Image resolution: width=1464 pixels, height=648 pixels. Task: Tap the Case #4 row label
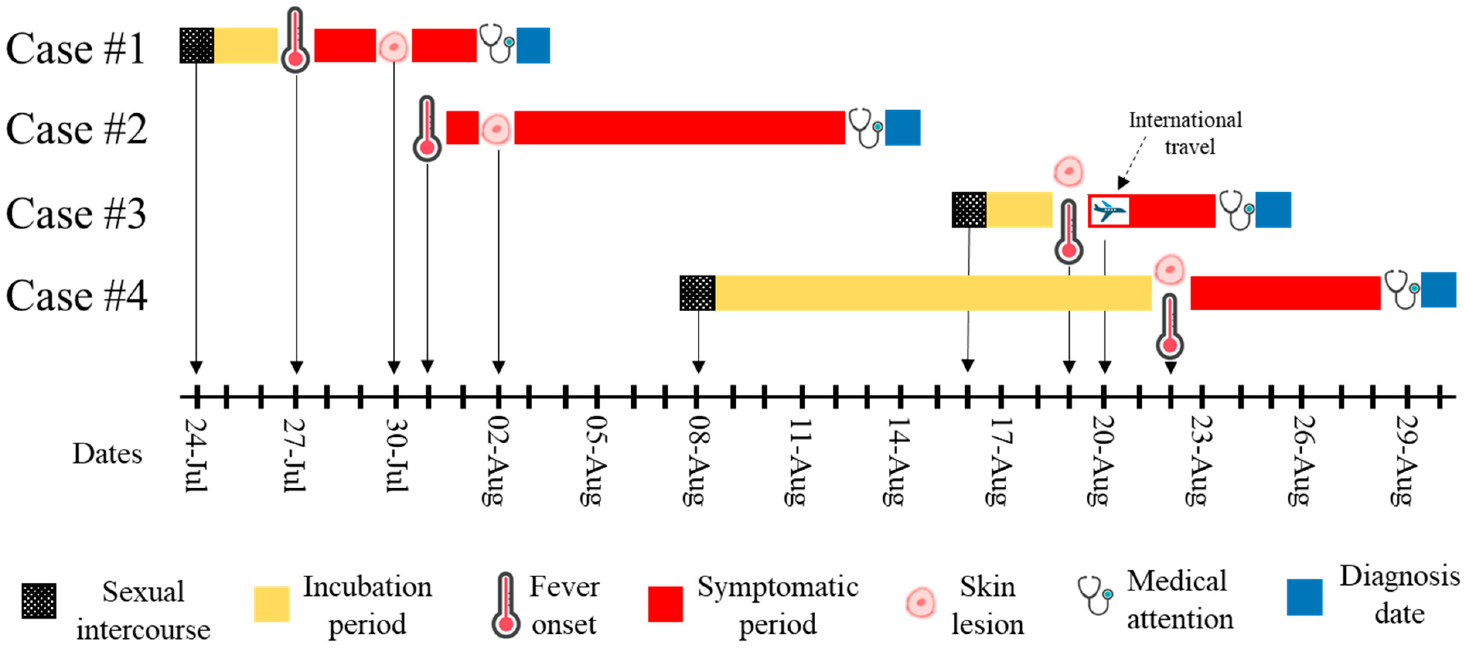[76, 295]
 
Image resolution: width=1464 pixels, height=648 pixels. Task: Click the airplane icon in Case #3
[1109, 211]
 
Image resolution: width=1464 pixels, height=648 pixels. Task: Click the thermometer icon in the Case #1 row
[295, 41]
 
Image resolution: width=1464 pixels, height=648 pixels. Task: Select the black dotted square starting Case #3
[969, 210]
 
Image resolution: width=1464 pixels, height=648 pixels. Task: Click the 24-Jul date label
[196, 455]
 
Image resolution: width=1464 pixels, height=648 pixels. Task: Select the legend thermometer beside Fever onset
[505, 605]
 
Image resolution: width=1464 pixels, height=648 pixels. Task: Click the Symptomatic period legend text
[777, 605]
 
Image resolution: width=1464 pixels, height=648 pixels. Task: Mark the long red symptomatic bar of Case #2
[679, 127]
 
